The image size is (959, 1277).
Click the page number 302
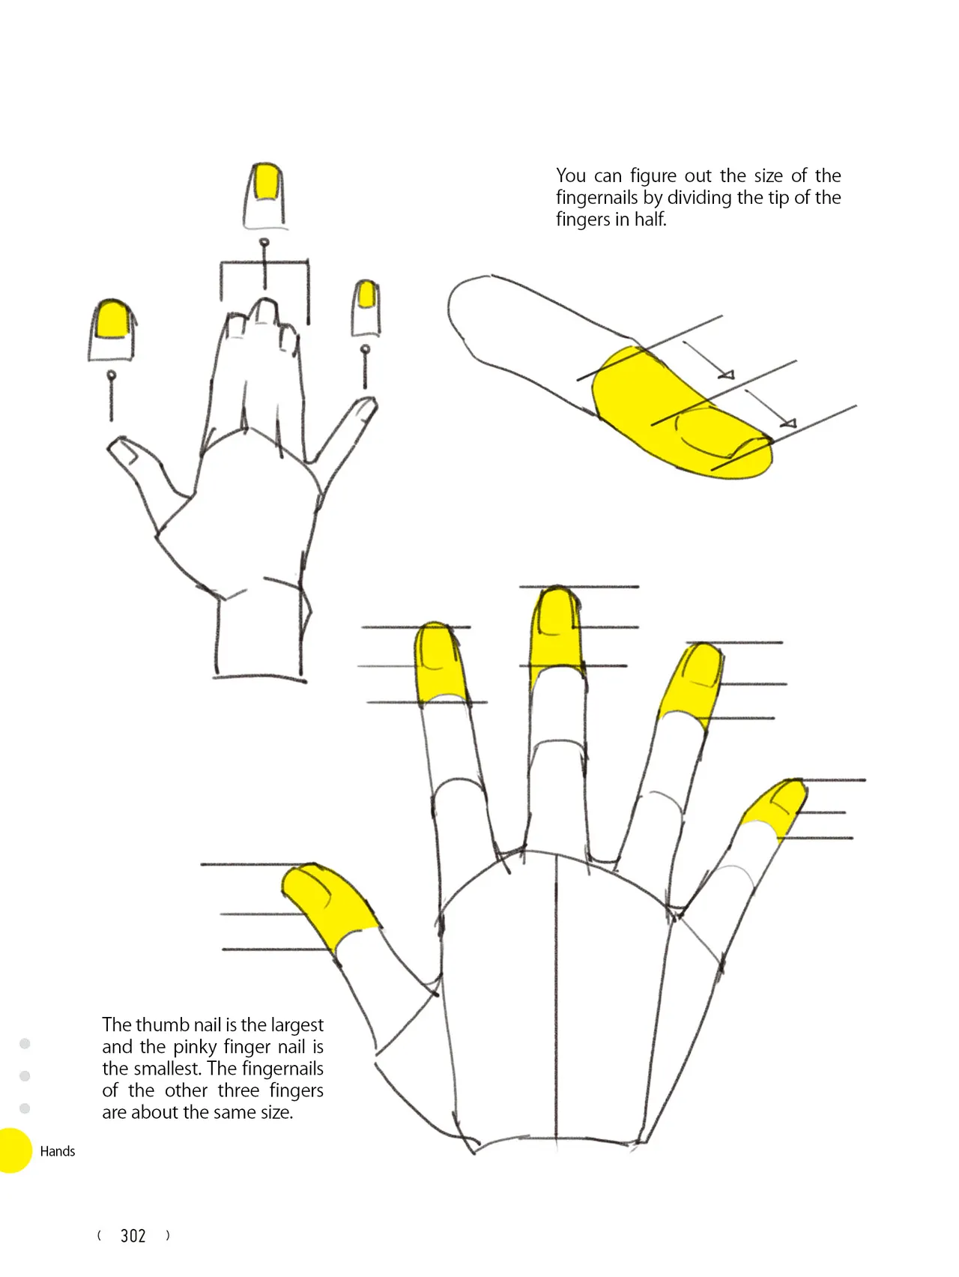133,1236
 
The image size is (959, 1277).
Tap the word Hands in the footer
58,1151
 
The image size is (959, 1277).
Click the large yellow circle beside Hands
14,1150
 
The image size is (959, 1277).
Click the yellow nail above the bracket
266,182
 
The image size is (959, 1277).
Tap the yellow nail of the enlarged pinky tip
366,294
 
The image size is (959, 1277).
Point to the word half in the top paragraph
650,220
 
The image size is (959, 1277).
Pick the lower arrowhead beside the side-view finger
788,423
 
